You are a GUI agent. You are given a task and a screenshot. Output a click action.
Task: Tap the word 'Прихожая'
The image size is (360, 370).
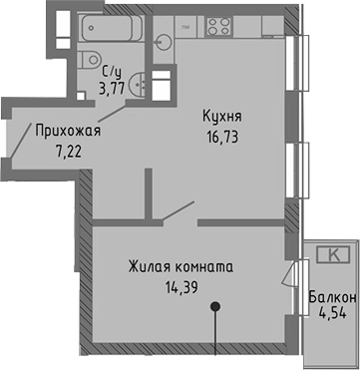[x=68, y=130]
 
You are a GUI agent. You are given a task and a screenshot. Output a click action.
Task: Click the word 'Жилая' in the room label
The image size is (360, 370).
[x=148, y=268]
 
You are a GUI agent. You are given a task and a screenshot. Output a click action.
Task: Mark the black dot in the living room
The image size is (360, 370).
[x=214, y=308]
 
